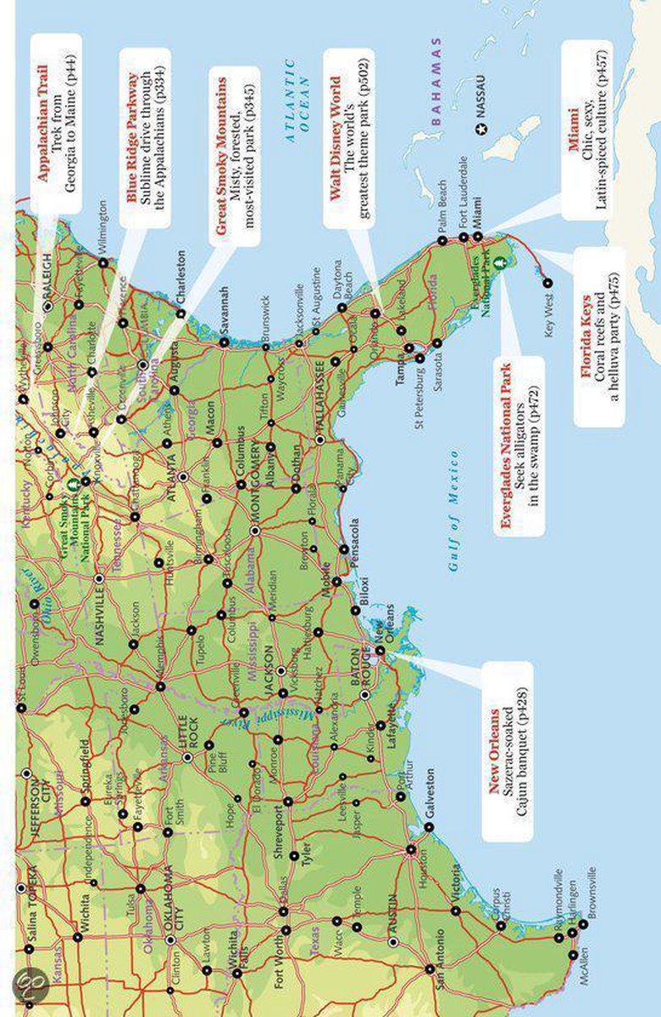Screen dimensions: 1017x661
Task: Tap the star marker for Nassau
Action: point(482,129)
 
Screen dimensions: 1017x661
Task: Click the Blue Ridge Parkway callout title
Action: point(133,128)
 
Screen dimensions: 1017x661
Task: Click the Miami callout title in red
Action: point(574,149)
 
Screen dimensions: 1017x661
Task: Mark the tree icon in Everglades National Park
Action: point(501,264)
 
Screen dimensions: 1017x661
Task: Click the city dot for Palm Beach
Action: point(442,241)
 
